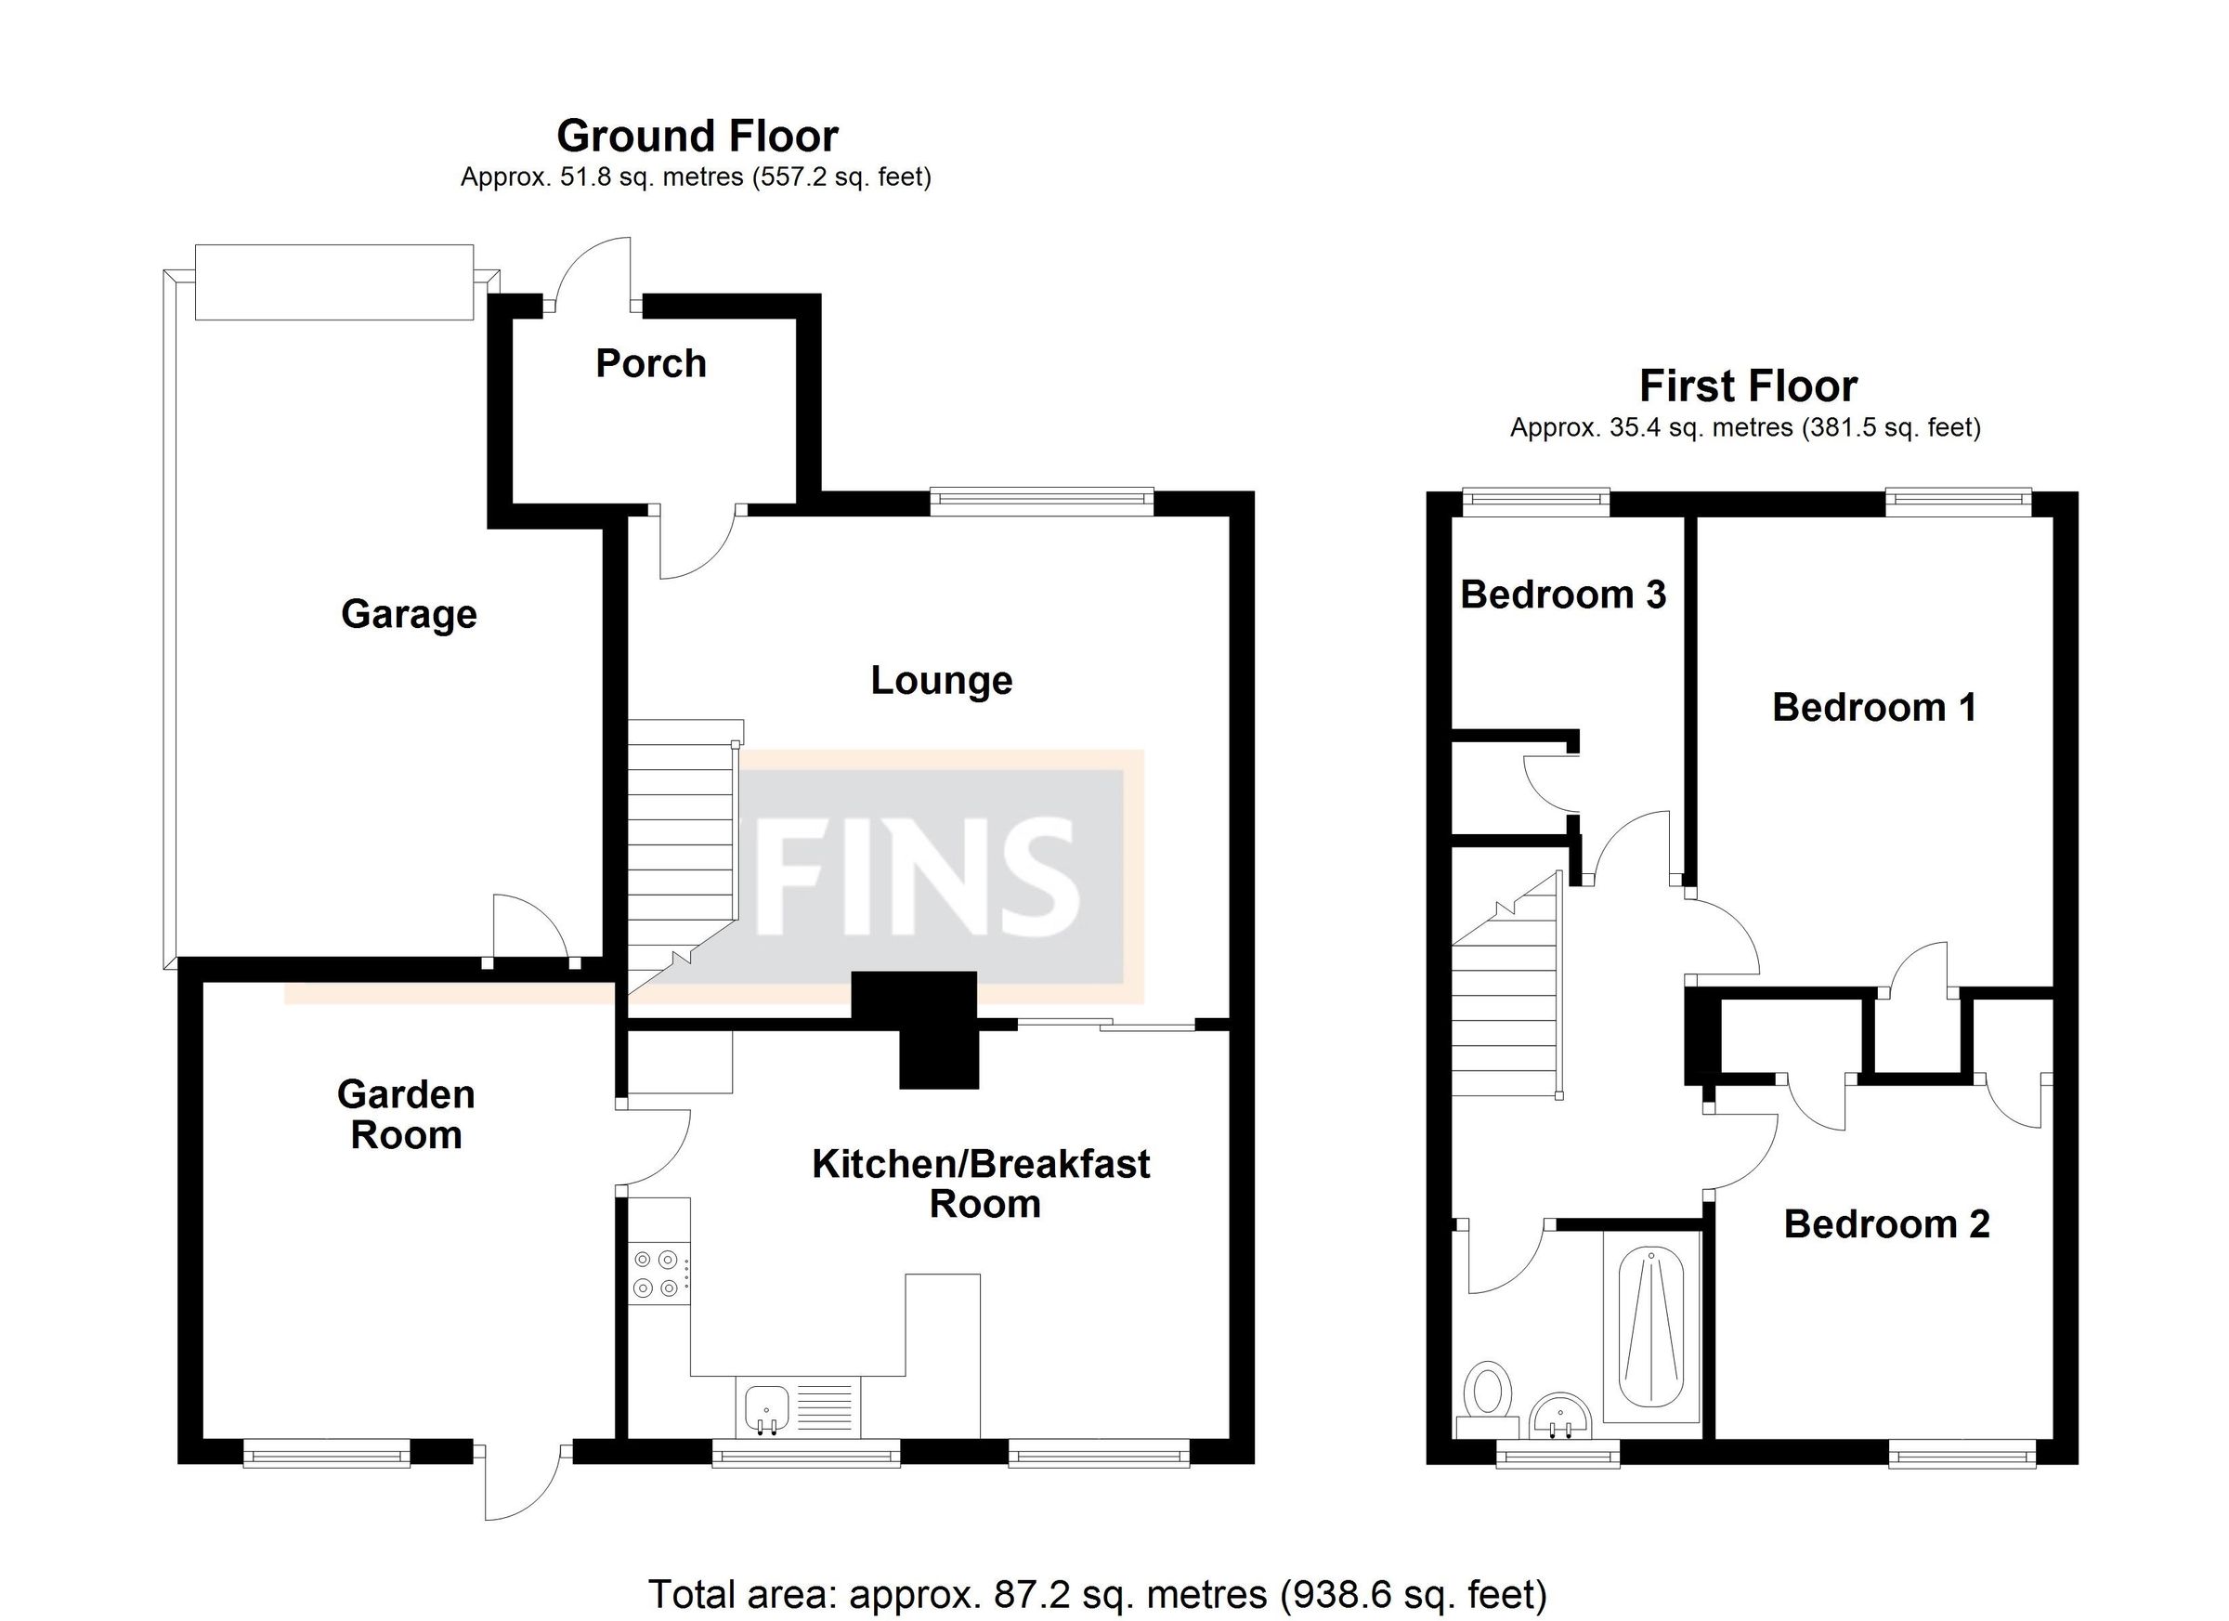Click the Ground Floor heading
[697, 137]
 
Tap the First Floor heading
[1747, 386]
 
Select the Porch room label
[651, 364]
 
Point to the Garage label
[409, 614]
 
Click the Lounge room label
[941, 680]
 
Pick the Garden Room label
[406, 1115]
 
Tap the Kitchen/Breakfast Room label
[981, 1183]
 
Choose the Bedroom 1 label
[1873, 708]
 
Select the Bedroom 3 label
[1563, 595]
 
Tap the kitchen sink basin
[766, 1406]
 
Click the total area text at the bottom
[1098, 1593]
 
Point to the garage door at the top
[334, 282]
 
